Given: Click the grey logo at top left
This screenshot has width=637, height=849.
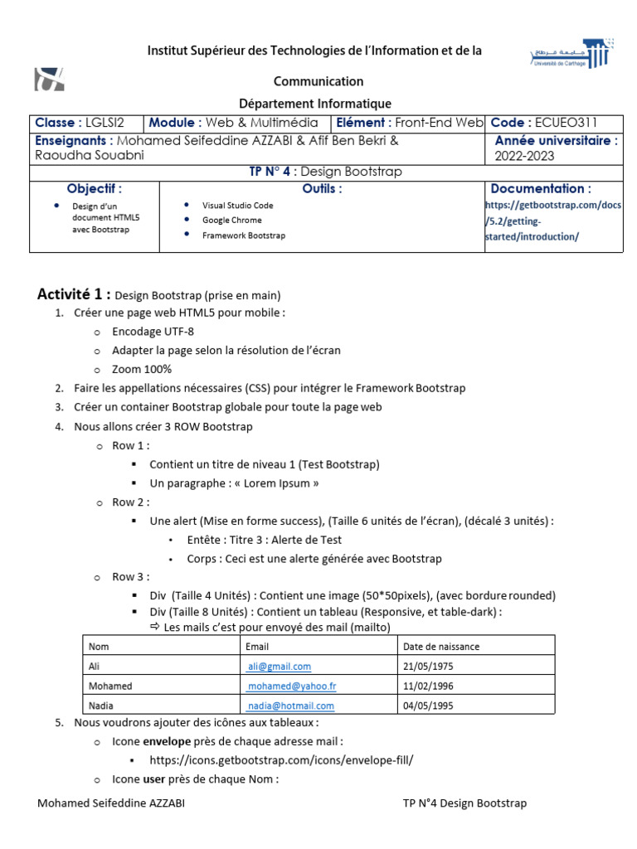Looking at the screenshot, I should click(x=49, y=79).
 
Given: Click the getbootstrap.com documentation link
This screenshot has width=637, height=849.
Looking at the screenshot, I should click(x=552, y=220).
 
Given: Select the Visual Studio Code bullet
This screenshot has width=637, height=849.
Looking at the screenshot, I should click(x=237, y=204).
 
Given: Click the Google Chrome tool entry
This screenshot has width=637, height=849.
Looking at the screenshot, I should click(x=231, y=220).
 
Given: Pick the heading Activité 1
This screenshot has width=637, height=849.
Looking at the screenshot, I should click(x=74, y=294).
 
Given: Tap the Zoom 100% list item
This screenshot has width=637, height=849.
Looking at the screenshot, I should click(x=142, y=369).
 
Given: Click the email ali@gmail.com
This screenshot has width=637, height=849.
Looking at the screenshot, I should click(x=279, y=666).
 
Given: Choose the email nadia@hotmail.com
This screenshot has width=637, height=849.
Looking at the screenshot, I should click(x=290, y=706).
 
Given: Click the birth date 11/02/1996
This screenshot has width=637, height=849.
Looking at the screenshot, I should click(x=428, y=686).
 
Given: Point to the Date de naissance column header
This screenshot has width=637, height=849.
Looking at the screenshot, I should click(x=440, y=646).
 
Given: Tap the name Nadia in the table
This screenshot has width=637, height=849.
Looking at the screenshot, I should click(x=100, y=706).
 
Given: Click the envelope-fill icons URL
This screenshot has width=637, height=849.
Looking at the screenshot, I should click(x=280, y=759).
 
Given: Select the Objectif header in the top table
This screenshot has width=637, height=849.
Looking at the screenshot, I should click(x=94, y=188).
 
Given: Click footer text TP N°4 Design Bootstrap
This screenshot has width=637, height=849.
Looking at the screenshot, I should click(x=464, y=803).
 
